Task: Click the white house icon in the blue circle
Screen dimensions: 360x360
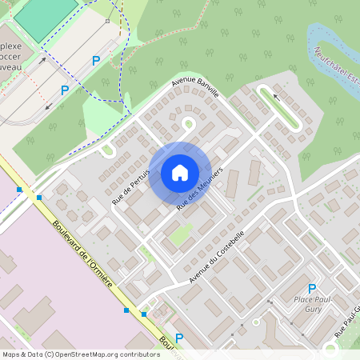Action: (x=179, y=172)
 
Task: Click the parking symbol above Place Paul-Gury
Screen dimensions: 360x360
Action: (x=312, y=289)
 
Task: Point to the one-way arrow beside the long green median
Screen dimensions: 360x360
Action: (x=277, y=96)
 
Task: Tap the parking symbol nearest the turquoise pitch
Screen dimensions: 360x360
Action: (x=96, y=60)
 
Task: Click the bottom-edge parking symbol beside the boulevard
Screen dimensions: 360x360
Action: (x=179, y=339)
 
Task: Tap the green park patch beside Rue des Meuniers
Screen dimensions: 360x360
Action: (x=180, y=234)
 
